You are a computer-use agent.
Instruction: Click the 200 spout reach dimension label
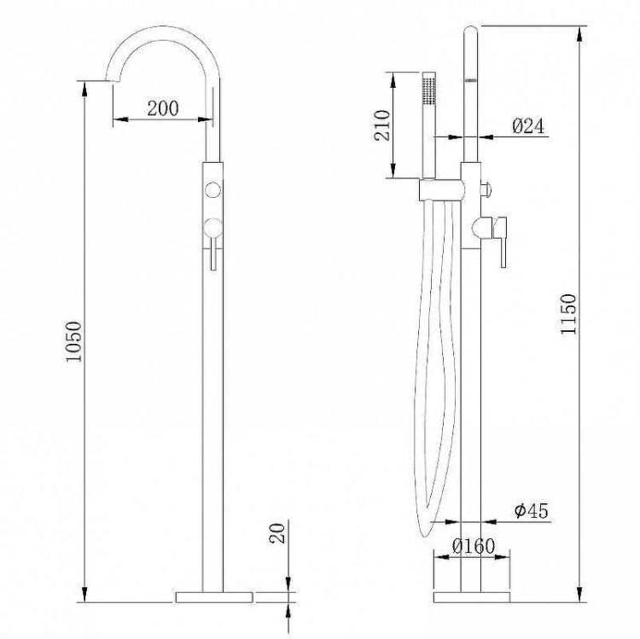point(162,108)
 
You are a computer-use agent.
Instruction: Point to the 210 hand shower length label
point(381,125)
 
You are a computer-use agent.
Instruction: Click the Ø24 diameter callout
point(528,126)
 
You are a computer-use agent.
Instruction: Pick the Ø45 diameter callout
point(530,511)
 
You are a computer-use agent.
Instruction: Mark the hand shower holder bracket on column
point(442,189)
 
